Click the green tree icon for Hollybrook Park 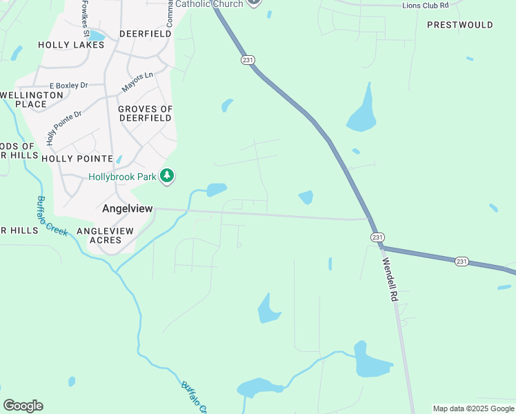166,177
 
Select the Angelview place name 127,208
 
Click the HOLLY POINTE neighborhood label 76,158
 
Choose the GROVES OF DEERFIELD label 145,113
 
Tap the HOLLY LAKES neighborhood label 71,45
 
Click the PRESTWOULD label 460,25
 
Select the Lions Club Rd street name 426,5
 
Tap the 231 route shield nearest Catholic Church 248,60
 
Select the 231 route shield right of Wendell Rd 462,261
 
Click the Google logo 23,406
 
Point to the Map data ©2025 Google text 473,408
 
